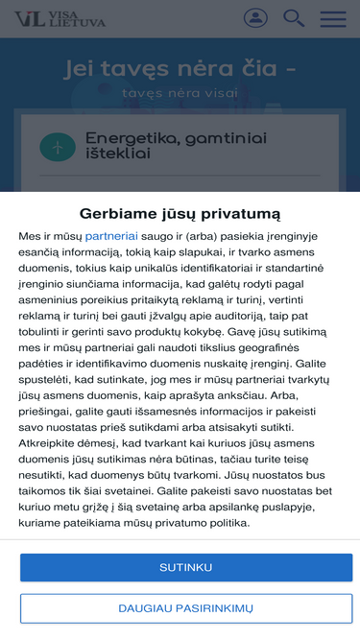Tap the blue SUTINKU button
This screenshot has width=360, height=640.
point(185,567)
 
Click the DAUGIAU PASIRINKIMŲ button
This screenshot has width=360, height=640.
point(185,608)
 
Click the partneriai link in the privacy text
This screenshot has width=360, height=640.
point(111,235)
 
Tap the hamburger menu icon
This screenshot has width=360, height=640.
point(333,18)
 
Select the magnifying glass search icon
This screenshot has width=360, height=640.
point(294,18)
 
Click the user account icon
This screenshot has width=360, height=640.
point(255,18)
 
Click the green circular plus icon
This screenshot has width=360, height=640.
point(58,147)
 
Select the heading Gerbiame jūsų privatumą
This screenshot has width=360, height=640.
point(180,212)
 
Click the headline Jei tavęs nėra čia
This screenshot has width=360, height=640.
point(180,69)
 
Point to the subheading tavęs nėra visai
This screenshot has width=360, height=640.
point(180,94)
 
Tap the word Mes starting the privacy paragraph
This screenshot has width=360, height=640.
point(30,235)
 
